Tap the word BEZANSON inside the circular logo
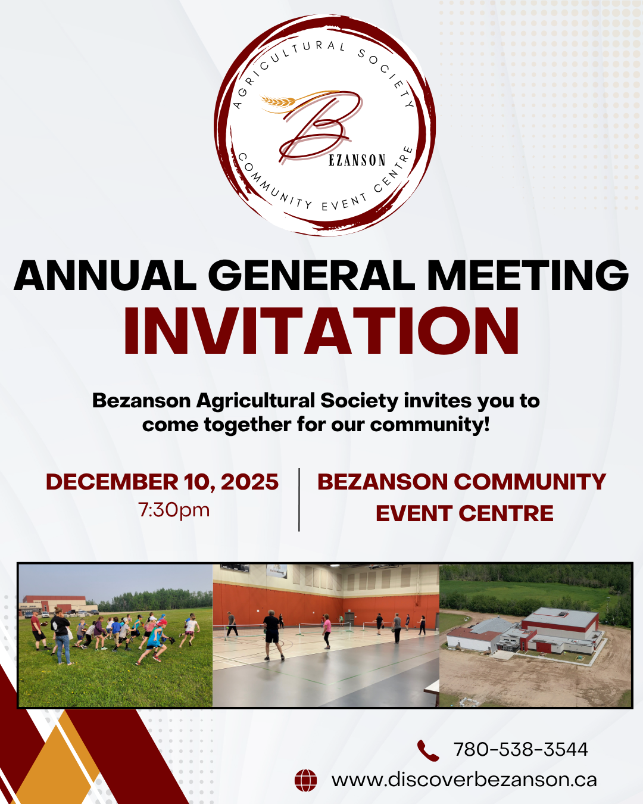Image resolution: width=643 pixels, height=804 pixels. click(x=357, y=160)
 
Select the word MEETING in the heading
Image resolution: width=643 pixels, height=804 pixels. click(x=527, y=275)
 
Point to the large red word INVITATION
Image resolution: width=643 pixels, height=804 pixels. click(x=321, y=331)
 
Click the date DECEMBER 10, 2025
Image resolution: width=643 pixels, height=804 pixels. click(x=162, y=482)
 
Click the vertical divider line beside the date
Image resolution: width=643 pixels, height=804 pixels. click(x=299, y=500)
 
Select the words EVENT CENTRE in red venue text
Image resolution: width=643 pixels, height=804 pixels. click(x=464, y=513)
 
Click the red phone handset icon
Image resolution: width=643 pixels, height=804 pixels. click(x=428, y=750)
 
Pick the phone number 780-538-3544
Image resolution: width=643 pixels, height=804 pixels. click(x=520, y=749)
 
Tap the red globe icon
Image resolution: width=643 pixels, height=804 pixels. click(x=305, y=780)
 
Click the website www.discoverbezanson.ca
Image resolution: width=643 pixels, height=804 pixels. click(x=464, y=780)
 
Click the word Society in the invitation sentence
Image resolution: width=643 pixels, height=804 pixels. click(x=359, y=401)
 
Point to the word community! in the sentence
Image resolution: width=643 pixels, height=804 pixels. click(x=430, y=425)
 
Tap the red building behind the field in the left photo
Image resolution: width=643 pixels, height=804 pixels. click(x=55, y=604)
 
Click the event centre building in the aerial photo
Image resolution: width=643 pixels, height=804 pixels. click(x=525, y=631)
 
